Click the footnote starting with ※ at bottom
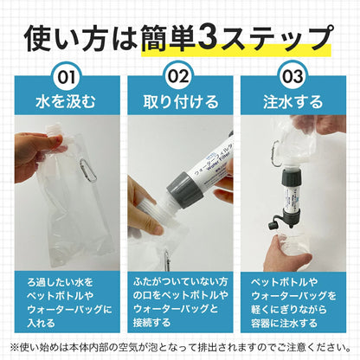click(x=180, y=345)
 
